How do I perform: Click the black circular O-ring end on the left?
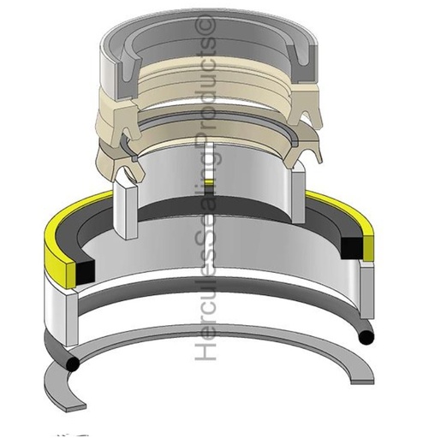click(73, 364)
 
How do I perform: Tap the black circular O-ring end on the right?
click(366, 337)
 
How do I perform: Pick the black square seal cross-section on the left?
click(85, 272)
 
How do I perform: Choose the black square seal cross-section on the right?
click(352, 248)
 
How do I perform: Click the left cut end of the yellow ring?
click(71, 275)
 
